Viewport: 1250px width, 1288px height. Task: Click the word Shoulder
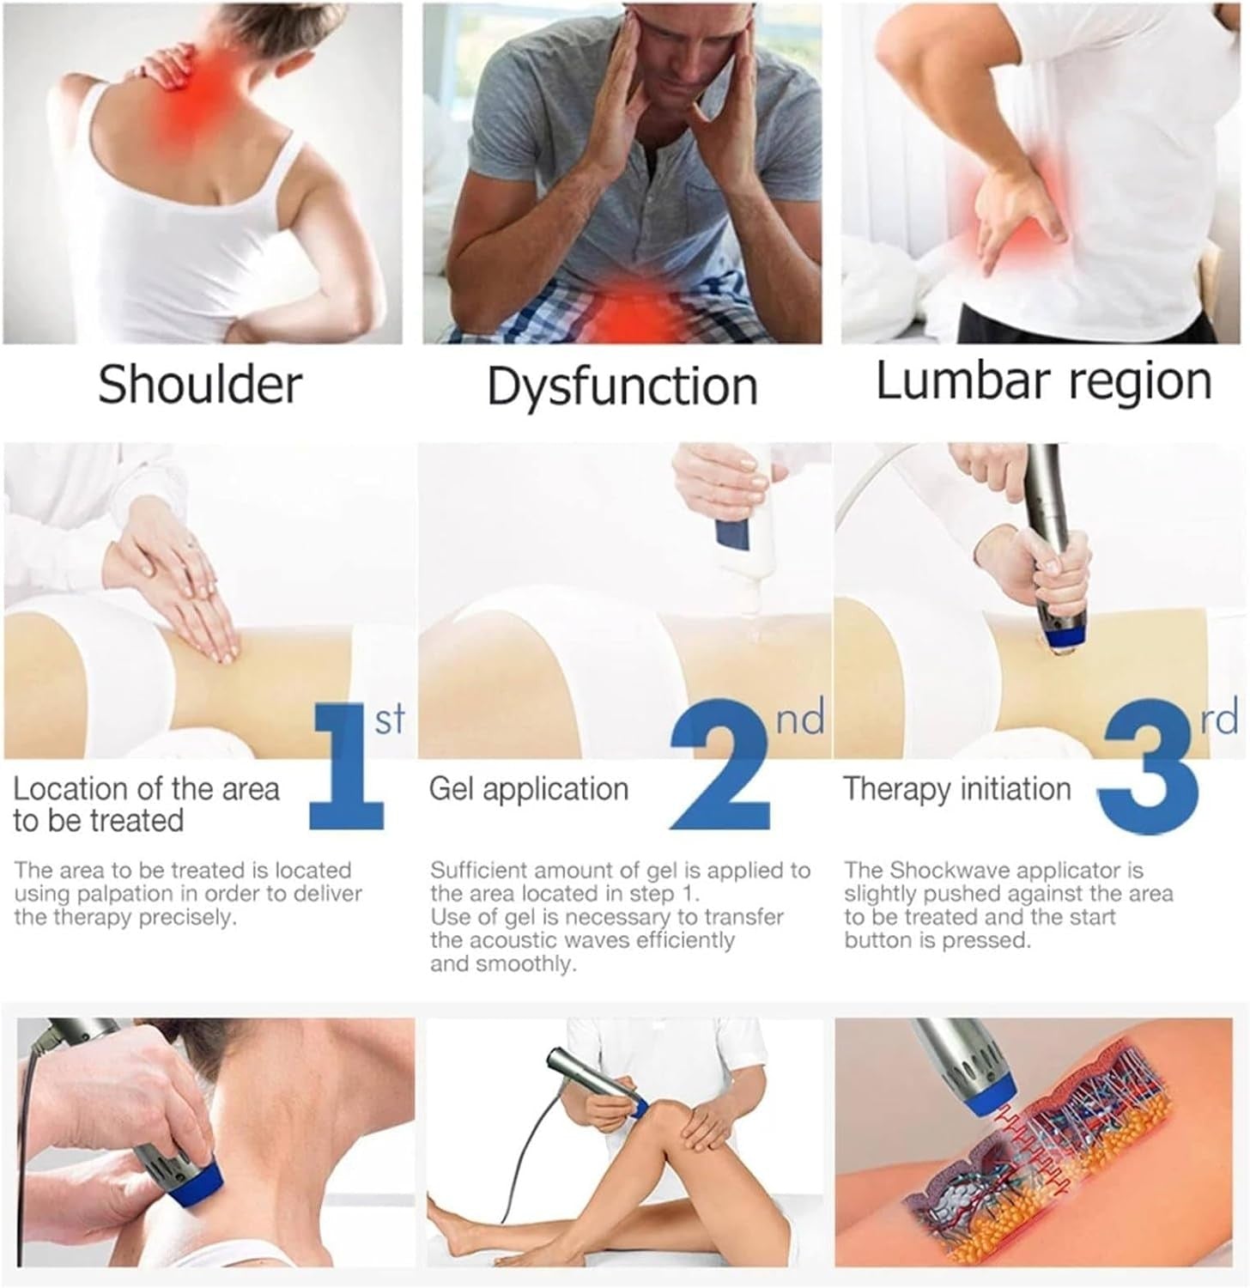200,384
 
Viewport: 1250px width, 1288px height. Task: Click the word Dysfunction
622,386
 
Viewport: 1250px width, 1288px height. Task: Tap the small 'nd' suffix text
799,717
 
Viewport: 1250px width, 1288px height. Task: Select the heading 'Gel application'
529,789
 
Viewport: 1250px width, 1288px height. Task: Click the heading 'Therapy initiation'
957,789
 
